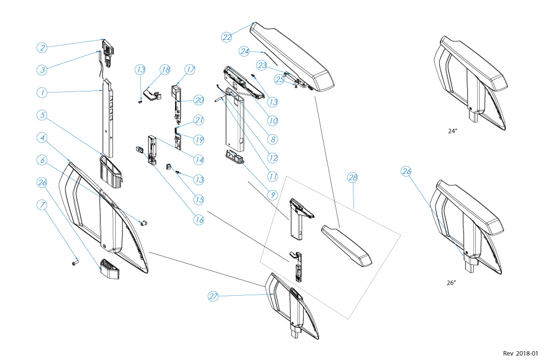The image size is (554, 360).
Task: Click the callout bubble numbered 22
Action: coord(227,37)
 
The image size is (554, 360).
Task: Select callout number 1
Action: coord(42,92)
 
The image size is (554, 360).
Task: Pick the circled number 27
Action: coord(213,296)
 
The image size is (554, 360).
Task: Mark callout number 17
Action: coord(190,70)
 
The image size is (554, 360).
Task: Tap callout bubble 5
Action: coord(42,115)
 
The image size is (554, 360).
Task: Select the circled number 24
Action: coord(245,51)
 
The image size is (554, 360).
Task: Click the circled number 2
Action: coord(42,47)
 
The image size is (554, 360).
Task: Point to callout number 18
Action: coord(165,70)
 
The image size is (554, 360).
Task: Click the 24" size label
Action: coord(453,132)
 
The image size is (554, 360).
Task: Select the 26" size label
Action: coord(451,283)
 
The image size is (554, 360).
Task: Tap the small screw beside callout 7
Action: coord(75,263)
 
